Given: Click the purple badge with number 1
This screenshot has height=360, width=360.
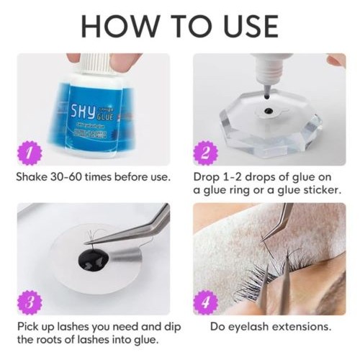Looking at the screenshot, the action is [30, 153].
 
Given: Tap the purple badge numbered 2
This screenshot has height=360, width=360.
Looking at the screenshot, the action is [206, 153].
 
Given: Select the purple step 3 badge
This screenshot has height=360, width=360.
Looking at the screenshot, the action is [30, 302].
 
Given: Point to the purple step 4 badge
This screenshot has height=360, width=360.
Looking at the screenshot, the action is [206, 302].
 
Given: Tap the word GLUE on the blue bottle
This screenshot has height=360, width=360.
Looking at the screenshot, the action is [104, 117].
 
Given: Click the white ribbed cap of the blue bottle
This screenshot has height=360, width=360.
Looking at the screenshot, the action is [97, 63].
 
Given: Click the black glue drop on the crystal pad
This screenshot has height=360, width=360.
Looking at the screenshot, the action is [268, 111].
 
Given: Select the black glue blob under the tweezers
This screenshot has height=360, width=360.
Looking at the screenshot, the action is [94, 259].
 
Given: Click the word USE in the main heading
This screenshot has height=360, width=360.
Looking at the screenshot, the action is [251, 26].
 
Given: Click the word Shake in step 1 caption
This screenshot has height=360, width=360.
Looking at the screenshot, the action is [32, 177].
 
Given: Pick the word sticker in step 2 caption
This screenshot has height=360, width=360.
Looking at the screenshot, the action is [322, 190].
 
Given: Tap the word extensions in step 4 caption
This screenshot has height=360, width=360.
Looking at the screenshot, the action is [302, 327].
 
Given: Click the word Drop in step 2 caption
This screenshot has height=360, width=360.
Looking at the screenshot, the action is [206, 178].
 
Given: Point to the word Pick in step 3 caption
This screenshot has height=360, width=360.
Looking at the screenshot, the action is [27, 327].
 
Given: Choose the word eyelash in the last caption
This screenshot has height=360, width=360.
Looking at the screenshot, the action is [248, 328].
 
